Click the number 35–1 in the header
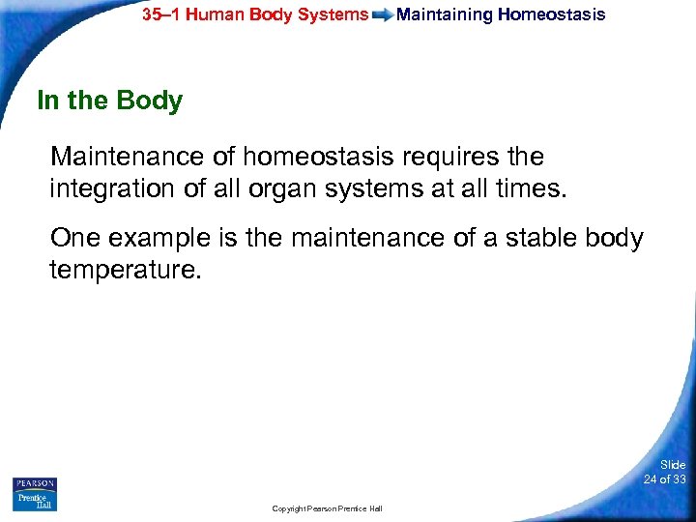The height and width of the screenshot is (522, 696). [163, 14]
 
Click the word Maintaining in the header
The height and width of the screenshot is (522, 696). [445, 14]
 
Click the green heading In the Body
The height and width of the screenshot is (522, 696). [109, 101]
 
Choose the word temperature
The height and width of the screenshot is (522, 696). [125, 269]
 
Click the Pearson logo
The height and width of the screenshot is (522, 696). [35, 483]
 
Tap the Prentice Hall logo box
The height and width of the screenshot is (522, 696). [35, 501]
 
